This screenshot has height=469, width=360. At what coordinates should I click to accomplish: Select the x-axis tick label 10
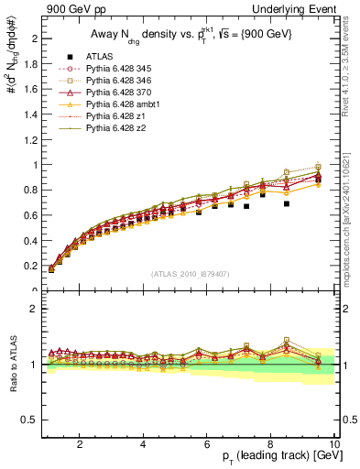point(334,444)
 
